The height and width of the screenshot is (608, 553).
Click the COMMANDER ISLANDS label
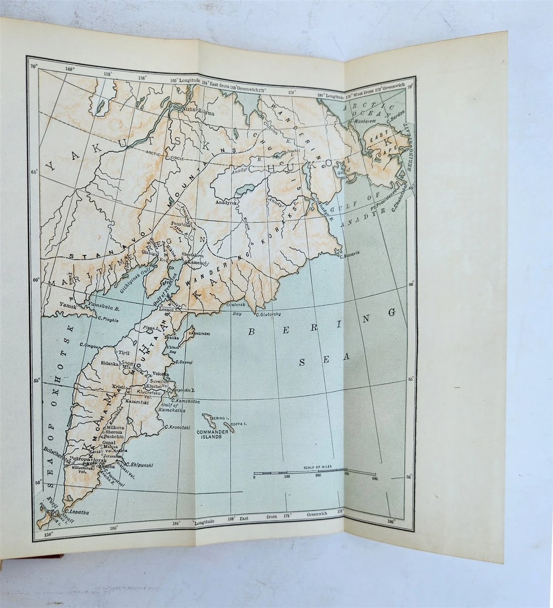pyautogui.click(x=210, y=434)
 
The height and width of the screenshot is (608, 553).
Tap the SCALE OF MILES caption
pyautogui.click(x=316, y=468)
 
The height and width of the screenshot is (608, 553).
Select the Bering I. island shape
pyautogui.click(x=209, y=421)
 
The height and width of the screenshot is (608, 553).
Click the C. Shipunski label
pyautogui.click(x=139, y=465)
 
